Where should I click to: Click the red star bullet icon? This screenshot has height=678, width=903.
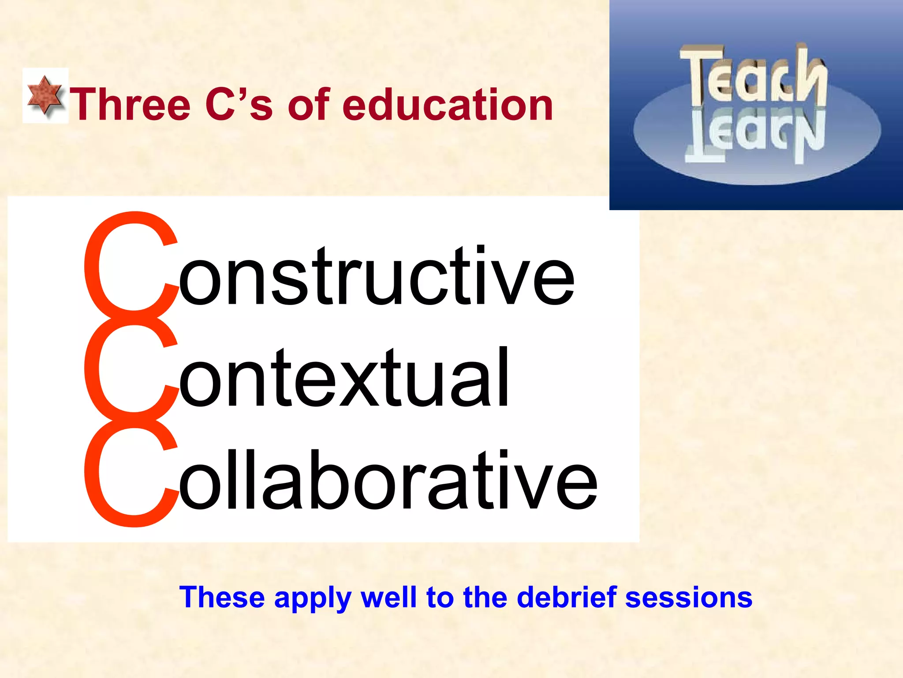coord(45,95)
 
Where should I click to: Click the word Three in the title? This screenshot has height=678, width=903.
coord(131,105)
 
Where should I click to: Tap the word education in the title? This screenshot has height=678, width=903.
coord(447,105)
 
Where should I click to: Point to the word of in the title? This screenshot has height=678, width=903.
coord(309,105)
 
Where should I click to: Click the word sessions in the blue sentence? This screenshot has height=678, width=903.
coord(688,598)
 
